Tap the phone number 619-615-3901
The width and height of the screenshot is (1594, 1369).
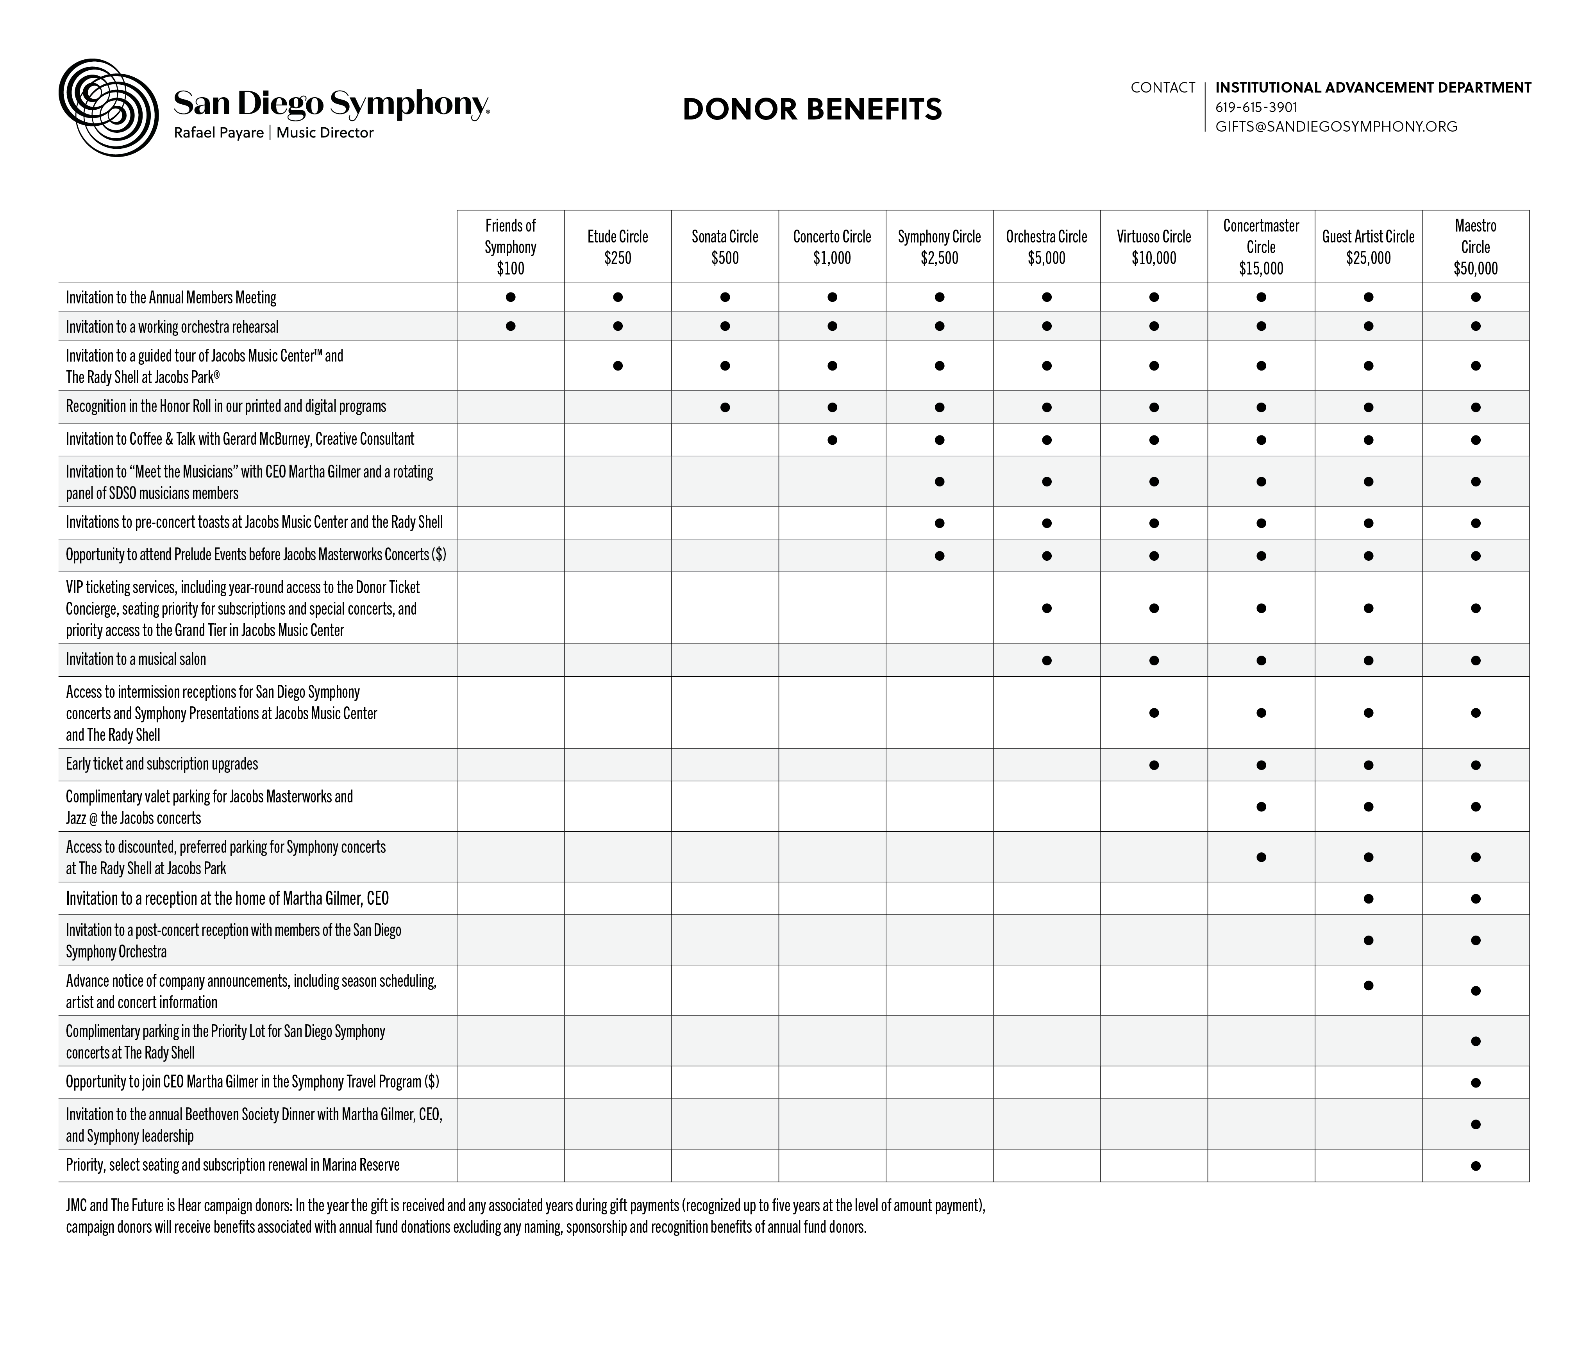pos(1256,108)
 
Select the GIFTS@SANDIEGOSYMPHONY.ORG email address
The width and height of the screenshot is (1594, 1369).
pos(1335,127)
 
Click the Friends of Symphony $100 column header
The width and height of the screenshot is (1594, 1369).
pos(510,247)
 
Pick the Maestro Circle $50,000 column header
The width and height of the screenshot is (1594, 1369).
pos(1475,247)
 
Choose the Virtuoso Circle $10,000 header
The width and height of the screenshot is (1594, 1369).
pos(1153,247)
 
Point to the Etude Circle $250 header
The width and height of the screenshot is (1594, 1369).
pos(617,247)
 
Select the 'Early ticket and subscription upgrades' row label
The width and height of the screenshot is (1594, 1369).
pos(162,764)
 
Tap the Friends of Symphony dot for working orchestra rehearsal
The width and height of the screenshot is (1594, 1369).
pos(510,326)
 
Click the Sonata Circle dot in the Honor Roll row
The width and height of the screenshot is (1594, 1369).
pos(725,407)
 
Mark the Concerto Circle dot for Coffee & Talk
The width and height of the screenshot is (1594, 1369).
pos(832,440)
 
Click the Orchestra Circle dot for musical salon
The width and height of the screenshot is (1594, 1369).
pos(1046,660)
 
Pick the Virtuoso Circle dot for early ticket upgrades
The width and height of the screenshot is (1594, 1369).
pos(1153,765)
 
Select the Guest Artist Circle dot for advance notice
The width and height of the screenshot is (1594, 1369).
pos(1368,985)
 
